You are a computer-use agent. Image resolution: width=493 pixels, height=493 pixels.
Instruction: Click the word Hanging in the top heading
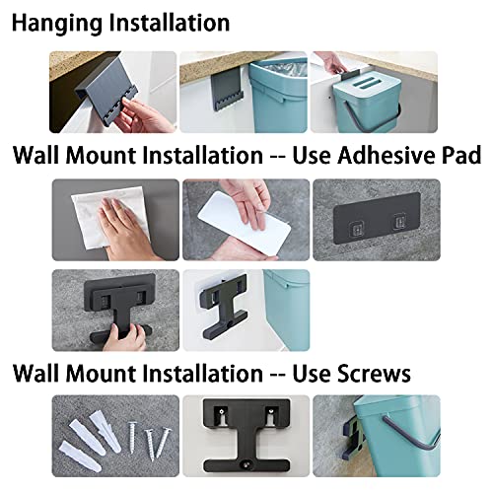[x=57, y=24]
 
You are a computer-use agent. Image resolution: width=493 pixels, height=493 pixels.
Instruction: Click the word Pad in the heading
[x=461, y=155]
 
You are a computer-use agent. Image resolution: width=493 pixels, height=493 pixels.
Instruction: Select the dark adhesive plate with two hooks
[x=377, y=218]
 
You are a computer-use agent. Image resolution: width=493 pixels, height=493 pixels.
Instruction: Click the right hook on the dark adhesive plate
[x=399, y=221]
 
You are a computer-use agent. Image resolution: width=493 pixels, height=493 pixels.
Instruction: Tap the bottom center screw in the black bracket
[x=246, y=464]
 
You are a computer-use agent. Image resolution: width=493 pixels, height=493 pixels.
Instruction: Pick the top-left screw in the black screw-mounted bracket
[x=223, y=411]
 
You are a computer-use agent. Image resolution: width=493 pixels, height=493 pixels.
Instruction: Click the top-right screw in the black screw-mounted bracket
[x=271, y=410]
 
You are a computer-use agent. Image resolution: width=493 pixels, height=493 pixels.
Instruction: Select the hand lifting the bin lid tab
[x=333, y=64]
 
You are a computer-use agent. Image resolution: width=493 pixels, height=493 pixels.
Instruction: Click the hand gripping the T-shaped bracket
[x=126, y=337]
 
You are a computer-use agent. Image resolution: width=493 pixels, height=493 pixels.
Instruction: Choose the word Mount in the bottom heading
[x=103, y=374]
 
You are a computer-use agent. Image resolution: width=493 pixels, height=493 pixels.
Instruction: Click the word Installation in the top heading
[x=170, y=24]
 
